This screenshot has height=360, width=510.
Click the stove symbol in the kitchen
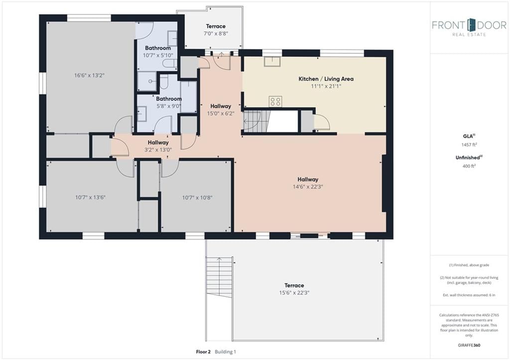(x=275, y=102)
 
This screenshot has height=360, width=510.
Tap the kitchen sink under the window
(x=272, y=61)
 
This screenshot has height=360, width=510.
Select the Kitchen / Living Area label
(x=326, y=79)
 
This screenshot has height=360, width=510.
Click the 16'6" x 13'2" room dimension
(x=90, y=76)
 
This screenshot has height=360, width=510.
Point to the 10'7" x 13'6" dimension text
(x=91, y=197)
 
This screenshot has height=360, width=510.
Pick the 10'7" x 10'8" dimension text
(x=197, y=198)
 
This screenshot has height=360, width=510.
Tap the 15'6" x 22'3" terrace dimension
(x=294, y=293)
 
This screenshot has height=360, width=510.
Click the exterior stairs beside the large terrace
(x=219, y=277)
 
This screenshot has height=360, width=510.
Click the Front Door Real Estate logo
(x=469, y=27)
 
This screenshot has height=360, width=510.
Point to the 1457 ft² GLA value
(x=469, y=145)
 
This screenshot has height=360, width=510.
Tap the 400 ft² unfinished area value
(x=469, y=166)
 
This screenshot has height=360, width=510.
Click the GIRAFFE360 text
(x=469, y=345)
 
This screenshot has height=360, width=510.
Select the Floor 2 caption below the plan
(x=203, y=352)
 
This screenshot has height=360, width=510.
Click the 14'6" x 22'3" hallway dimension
(x=308, y=187)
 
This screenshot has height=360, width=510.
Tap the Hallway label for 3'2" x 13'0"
(x=158, y=142)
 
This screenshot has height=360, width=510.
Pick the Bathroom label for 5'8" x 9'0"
(x=169, y=99)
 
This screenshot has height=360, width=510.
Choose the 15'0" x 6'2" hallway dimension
(x=221, y=114)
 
